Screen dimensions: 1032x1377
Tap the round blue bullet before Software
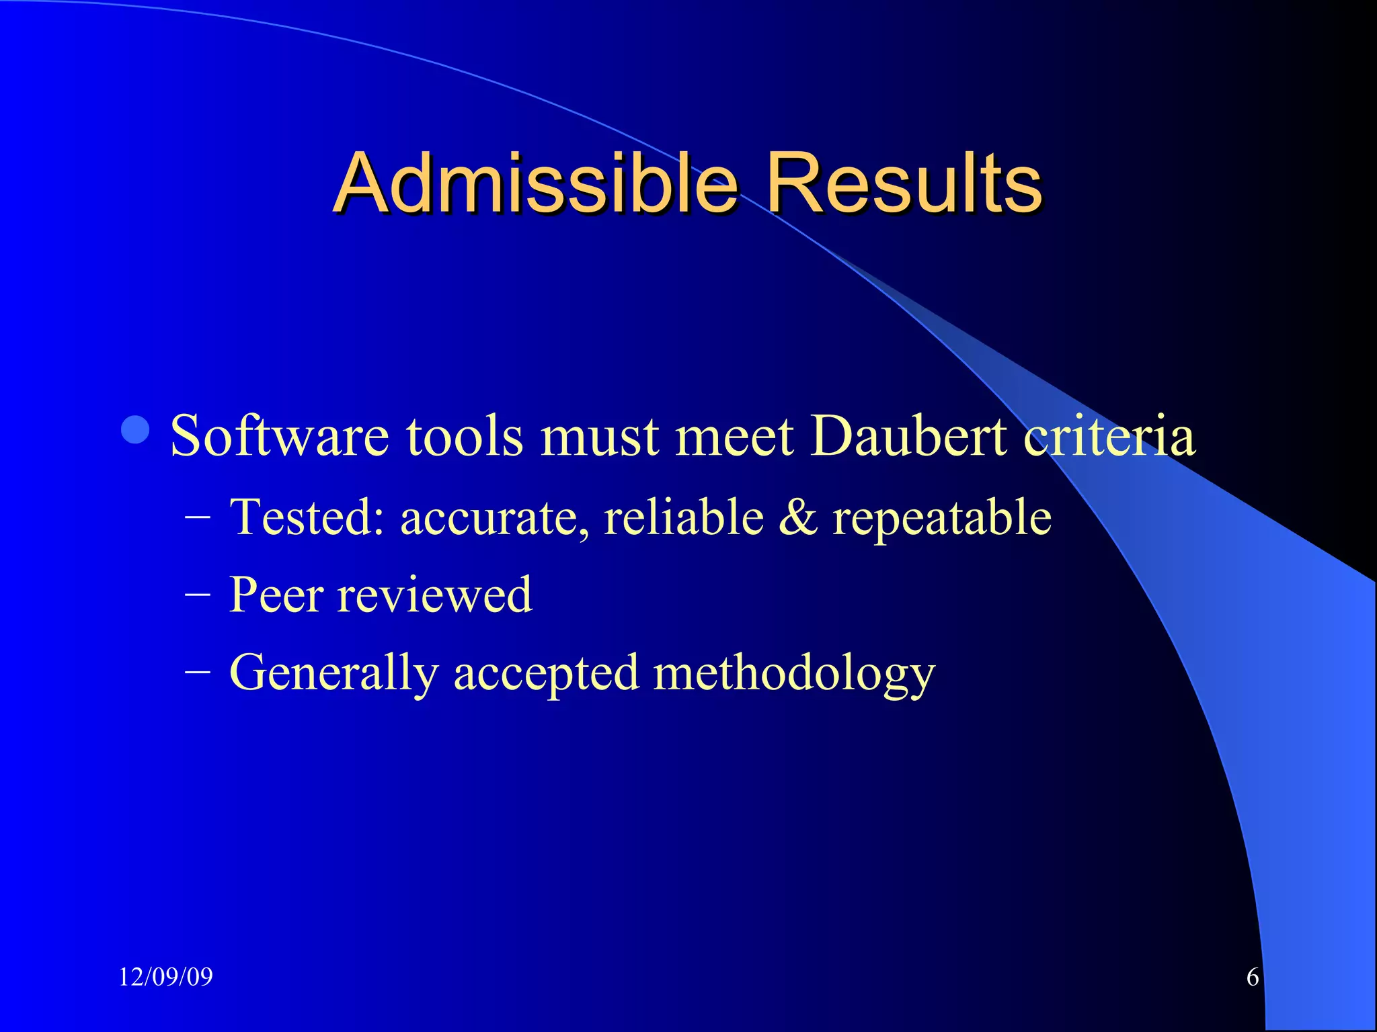pos(135,430)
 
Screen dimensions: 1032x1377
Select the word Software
pos(279,436)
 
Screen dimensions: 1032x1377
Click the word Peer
pos(276,595)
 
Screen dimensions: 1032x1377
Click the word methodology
pos(794,674)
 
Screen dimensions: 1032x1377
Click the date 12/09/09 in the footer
pos(165,977)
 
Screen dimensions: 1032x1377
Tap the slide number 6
pos(1253,977)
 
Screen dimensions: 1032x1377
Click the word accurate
pos(495,519)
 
